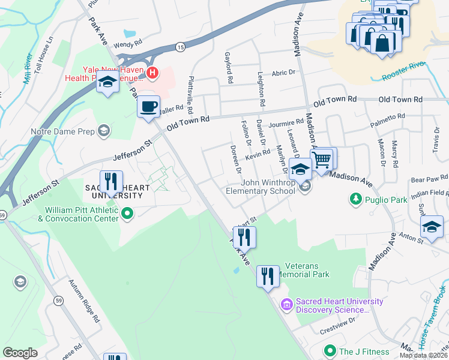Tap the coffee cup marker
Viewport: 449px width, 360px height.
pyautogui.click(x=148, y=107)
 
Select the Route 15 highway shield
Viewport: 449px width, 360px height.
pyautogui.click(x=179, y=46)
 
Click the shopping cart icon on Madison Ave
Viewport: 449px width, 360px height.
pyautogui.click(x=322, y=160)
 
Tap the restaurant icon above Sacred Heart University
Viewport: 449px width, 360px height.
pyautogui.click(x=111, y=181)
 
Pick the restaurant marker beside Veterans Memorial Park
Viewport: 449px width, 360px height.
pyautogui.click(x=268, y=276)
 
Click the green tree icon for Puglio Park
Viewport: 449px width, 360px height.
pyautogui.click(x=355, y=198)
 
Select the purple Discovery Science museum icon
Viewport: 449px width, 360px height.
pyautogui.click(x=286, y=305)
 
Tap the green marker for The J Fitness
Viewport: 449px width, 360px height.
pyautogui.click(x=329, y=350)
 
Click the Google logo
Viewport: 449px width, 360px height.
pyautogui.click(x=20, y=352)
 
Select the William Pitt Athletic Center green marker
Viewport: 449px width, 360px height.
pyautogui.click(x=127, y=212)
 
